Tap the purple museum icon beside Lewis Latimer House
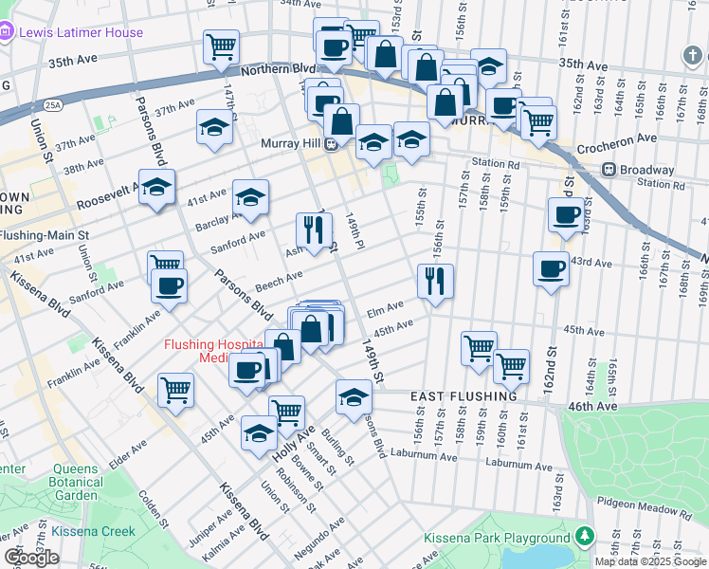click(x=8, y=32)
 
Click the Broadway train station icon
click(x=609, y=171)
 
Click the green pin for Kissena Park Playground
click(x=585, y=538)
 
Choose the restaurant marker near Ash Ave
click(x=314, y=229)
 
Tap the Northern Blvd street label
click(x=277, y=70)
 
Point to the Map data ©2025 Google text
click(x=649, y=561)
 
